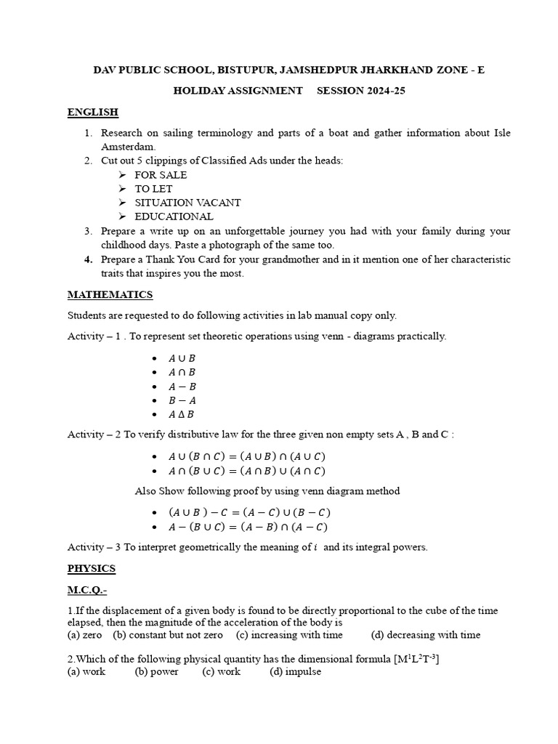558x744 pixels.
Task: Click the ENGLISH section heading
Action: click(x=92, y=113)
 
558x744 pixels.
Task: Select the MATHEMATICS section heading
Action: click(x=110, y=295)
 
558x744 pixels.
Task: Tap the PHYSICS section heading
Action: click(x=92, y=568)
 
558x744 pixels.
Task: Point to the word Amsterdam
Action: click(x=127, y=147)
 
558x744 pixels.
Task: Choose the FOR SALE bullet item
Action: click(x=161, y=175)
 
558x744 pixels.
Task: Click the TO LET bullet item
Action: click(x=153, y=189)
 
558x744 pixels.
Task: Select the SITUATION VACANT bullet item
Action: click(x=187, y=203)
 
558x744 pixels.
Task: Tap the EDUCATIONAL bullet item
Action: click(x=174, y=217)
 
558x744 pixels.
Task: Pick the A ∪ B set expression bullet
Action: click(x=182, y=358)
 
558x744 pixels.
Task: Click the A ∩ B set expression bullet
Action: click(x=182, y=372)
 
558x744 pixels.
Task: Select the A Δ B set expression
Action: click(x=182, y=414)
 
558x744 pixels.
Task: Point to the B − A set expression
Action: click(x=182, y=400)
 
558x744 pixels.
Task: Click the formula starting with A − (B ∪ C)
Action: click(x=247, y=527)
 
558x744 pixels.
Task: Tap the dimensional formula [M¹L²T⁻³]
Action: click(x=409, y=658)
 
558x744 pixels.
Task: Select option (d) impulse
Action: click(x=295, y=672)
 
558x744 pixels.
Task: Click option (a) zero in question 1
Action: click(x=85, y=635)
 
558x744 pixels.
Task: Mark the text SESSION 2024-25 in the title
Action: click(x=368, y=91)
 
